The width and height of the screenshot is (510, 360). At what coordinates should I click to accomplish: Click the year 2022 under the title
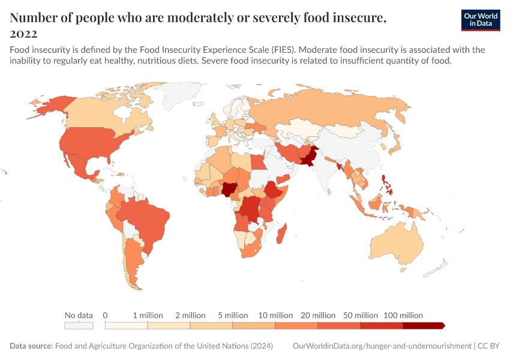23,34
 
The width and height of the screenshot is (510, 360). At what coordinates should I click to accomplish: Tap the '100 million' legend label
403,315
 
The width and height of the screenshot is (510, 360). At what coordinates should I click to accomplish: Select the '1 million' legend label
148,315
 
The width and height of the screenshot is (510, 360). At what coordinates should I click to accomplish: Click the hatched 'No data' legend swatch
79,325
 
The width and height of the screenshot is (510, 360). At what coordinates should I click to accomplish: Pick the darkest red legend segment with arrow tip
424,325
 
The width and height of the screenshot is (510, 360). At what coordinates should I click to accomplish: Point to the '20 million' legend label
318,315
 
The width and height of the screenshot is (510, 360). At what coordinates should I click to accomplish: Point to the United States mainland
90,144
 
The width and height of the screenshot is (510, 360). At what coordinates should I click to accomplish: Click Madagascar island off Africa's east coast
281,233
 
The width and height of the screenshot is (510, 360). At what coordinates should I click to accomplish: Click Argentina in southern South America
133,264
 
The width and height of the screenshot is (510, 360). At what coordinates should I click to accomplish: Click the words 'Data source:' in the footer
31,346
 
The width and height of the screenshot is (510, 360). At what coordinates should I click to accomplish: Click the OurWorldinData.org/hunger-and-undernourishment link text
382,346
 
